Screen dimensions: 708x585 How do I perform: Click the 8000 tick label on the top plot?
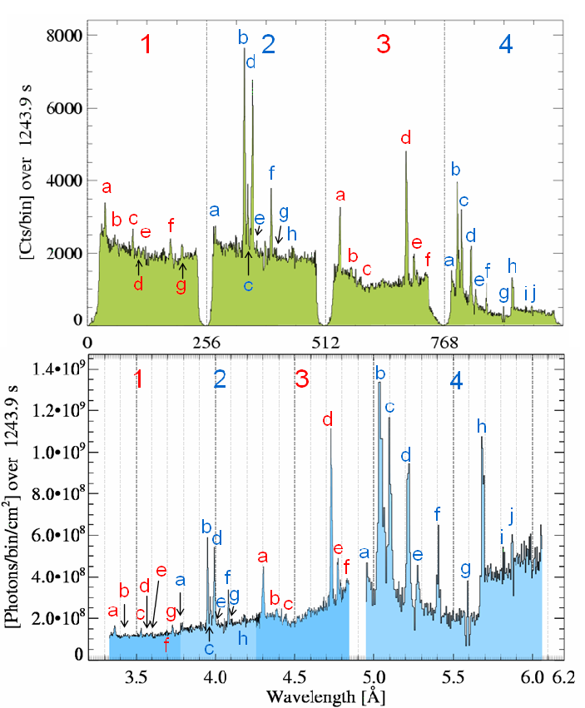click(x=63, y=35)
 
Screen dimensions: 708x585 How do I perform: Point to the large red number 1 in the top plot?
click(x=146, y=46)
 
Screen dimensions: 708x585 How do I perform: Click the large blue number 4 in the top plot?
click(x=506, y=46)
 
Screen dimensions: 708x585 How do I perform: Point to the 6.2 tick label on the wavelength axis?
click(x=563, y=676)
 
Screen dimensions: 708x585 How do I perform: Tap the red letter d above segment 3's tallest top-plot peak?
click(x=406, y=137)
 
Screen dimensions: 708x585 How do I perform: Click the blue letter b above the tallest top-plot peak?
click(x=243, y=37)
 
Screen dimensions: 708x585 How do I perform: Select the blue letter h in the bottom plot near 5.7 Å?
click(x=481, y=426)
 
